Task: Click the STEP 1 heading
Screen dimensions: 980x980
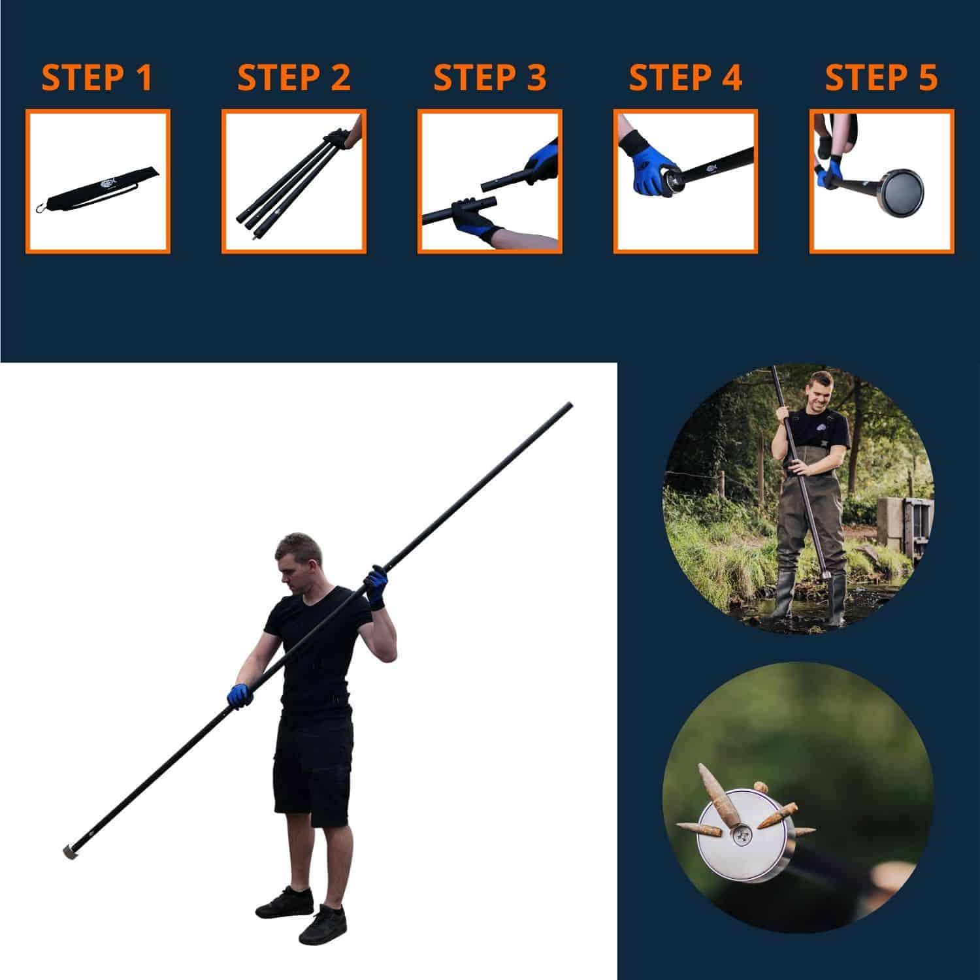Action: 97,78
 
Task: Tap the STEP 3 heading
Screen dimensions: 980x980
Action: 489,78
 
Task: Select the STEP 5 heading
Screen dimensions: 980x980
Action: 881,78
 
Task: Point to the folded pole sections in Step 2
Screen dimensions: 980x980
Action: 287,186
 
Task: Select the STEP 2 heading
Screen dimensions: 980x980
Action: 293,78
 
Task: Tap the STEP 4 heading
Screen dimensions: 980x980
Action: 685,78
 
